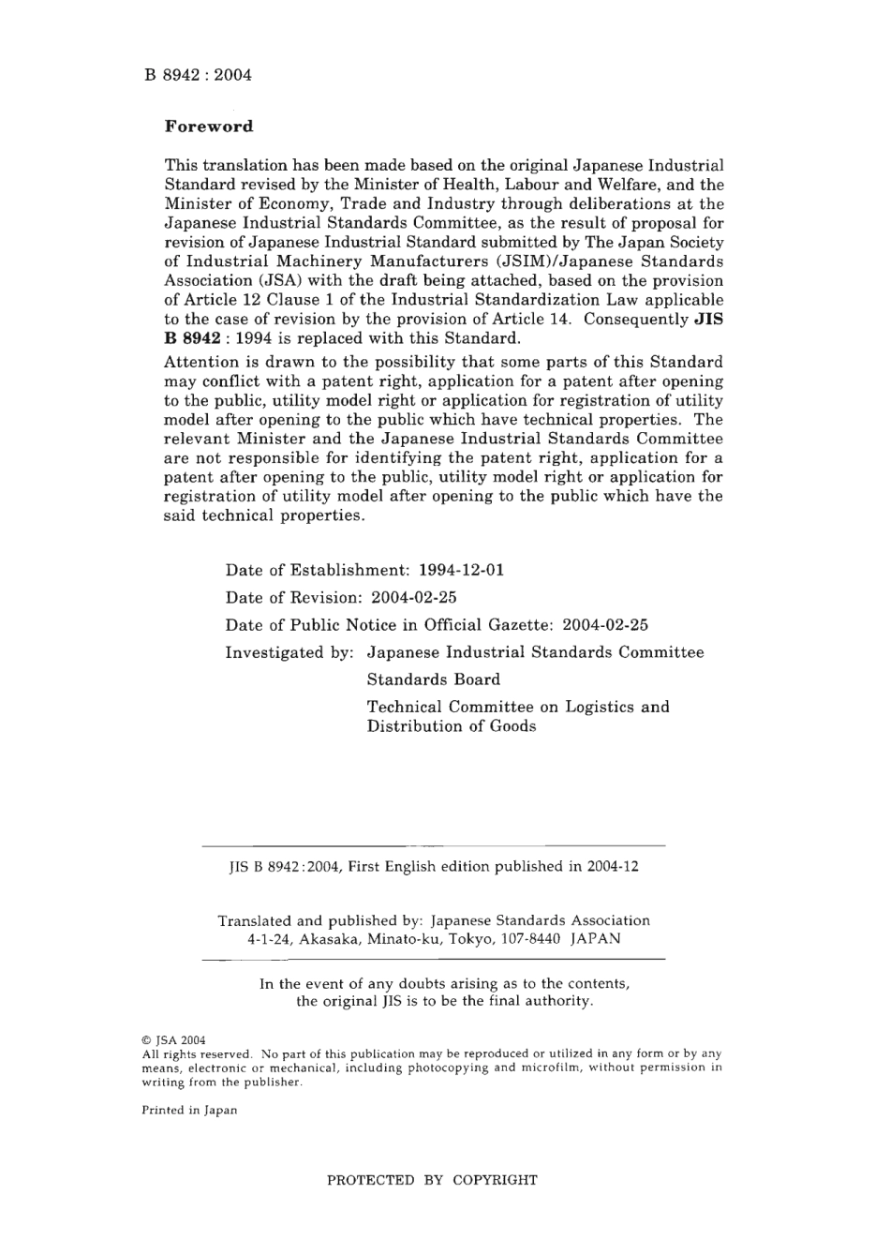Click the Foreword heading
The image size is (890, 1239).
point(209,127)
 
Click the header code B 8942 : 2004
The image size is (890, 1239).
point(198,75)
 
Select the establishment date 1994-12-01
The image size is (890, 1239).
point(461,570)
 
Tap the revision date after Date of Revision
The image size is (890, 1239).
point(413,597)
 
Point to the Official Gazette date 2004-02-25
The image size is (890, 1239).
point(604,624)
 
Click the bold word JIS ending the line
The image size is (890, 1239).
point(708,319)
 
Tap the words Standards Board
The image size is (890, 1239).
point(433,679)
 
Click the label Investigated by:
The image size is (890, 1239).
point(289,652)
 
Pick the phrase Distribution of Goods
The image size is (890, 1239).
point(451,726)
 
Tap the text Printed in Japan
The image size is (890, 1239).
point(189,1111)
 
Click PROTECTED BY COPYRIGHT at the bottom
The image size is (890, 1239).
point(432,1180)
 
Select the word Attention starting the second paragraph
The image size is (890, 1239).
point(199,363)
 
